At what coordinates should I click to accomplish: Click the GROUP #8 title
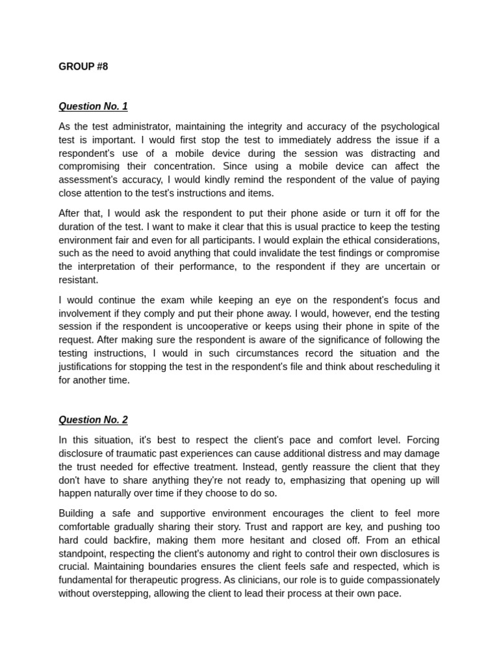(x=83, y=67)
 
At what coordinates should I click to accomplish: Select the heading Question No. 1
(x=93, y=106)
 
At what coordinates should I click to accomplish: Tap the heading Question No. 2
(x=93, y=420)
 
